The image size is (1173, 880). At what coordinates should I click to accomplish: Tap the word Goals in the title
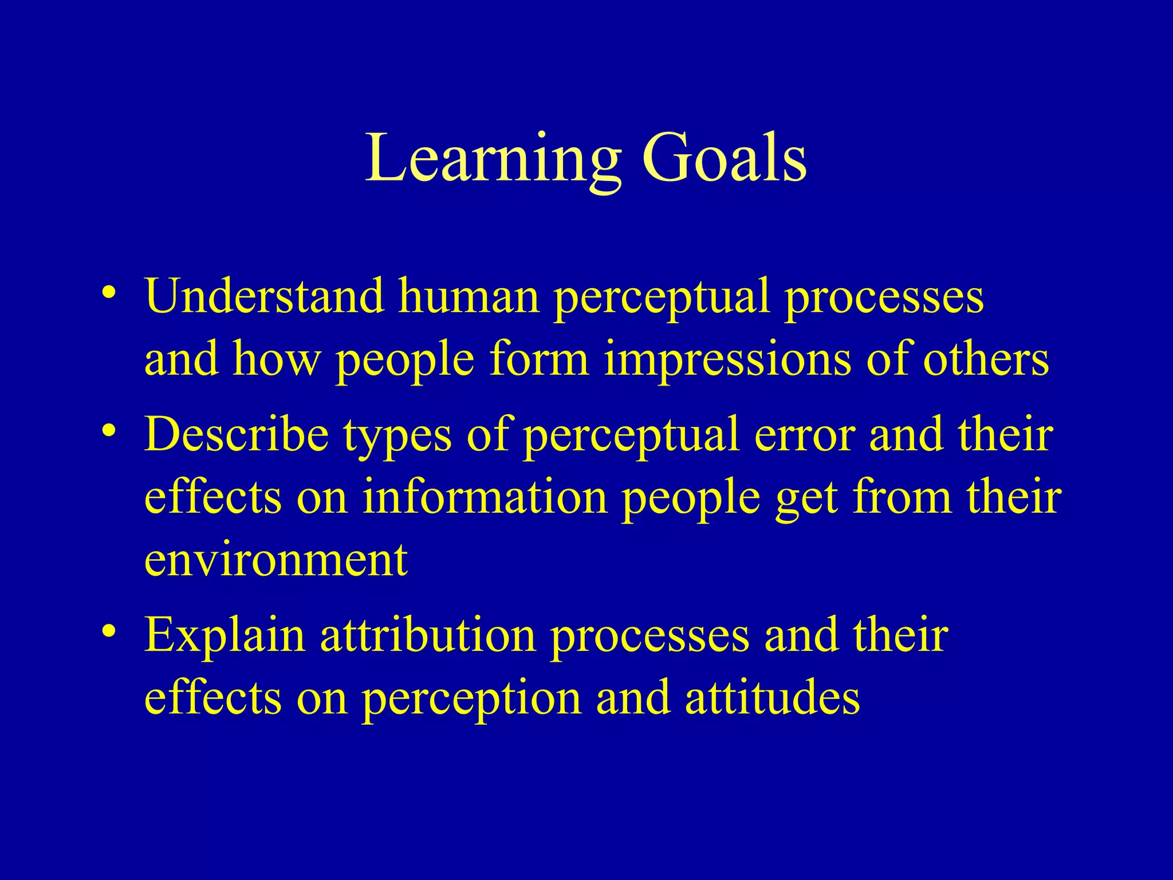coord(724,158)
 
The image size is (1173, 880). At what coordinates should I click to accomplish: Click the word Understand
coord(264,296)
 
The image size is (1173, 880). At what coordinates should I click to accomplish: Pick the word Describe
coord(237,434)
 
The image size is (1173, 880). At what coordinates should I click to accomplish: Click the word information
coord(485,496)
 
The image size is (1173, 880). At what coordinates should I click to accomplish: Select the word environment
coord(275,560)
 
